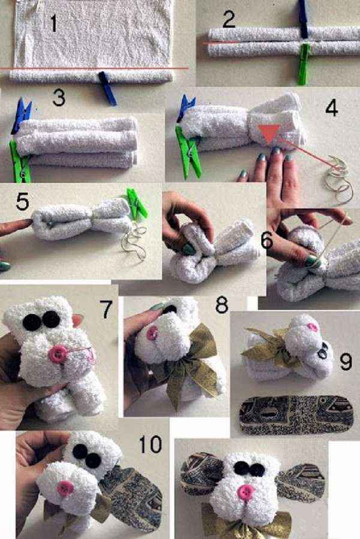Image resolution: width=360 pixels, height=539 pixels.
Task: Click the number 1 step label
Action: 53,24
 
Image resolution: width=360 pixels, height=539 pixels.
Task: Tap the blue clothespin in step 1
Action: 107,88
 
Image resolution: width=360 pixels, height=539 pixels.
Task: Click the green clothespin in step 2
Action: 303,64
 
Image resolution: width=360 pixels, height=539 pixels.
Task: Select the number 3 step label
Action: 59,98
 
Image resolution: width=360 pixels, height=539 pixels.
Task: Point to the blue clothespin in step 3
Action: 21,115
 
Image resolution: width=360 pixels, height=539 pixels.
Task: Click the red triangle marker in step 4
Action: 270,133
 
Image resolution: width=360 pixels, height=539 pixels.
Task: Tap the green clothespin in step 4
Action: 188,151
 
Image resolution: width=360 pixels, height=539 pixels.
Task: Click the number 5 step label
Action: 22,203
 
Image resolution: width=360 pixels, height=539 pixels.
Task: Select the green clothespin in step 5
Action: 137,203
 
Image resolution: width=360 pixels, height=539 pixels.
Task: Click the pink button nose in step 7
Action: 58,354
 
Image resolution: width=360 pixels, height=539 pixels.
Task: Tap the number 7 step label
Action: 106,309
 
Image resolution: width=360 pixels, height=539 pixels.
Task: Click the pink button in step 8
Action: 152,333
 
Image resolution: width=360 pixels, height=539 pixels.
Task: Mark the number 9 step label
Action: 345,362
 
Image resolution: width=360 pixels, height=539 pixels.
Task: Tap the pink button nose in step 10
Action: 65,489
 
